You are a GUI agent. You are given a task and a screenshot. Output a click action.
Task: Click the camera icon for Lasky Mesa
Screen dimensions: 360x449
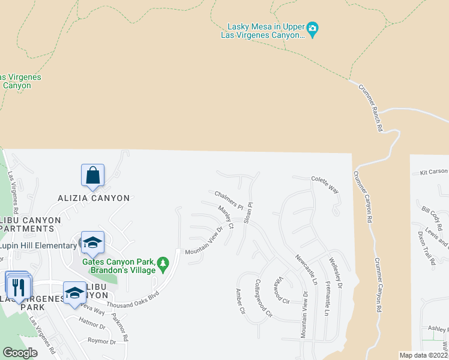[x=312, y=28]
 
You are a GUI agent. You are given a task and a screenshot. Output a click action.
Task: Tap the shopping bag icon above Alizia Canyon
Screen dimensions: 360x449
[x=93, y=175]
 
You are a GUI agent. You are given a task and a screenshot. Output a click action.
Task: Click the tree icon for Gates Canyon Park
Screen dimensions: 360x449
[x=162, y=263]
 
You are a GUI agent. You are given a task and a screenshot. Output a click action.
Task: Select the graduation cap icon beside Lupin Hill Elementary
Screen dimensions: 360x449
[x=93, y=242]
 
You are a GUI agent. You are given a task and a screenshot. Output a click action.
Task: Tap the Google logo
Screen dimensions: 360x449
[x=20, y=352]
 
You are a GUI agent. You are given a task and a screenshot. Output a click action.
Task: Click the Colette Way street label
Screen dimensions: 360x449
[x=324, y=183]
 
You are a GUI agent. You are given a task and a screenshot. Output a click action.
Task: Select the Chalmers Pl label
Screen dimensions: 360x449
[x=228, y=199]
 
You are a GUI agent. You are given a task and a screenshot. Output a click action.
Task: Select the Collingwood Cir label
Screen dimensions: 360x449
[x=264, y=298]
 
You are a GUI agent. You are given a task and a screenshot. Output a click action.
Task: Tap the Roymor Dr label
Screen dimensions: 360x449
[x=101, y=341]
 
